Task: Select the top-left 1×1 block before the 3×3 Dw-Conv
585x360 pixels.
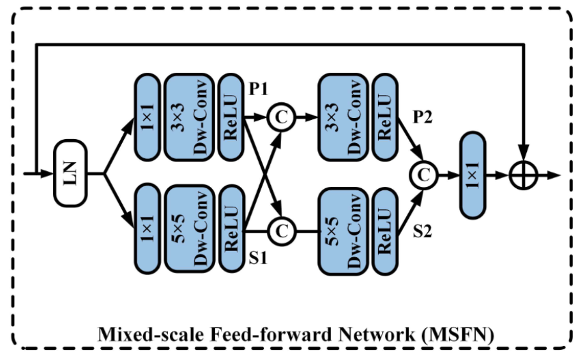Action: tap(147, 117)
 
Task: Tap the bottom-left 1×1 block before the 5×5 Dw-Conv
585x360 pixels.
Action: tap(147, 227)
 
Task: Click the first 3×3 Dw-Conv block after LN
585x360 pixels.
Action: tap(190, 117)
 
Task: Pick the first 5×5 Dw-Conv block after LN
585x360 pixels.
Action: tap(190, 227)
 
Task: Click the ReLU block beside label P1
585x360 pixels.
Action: tap(231, 117)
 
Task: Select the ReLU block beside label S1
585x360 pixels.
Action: tap(231, 227)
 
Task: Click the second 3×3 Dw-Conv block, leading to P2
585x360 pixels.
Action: tap(343, 117)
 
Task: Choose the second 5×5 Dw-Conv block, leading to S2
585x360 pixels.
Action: tap(343, 227)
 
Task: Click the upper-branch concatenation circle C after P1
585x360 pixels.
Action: tap(279, 117)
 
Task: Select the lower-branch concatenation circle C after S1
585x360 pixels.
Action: tap(279, 227)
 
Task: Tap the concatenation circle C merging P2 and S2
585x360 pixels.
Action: tap(422, 173)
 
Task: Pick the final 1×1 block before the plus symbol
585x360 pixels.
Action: tap(473, 173)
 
